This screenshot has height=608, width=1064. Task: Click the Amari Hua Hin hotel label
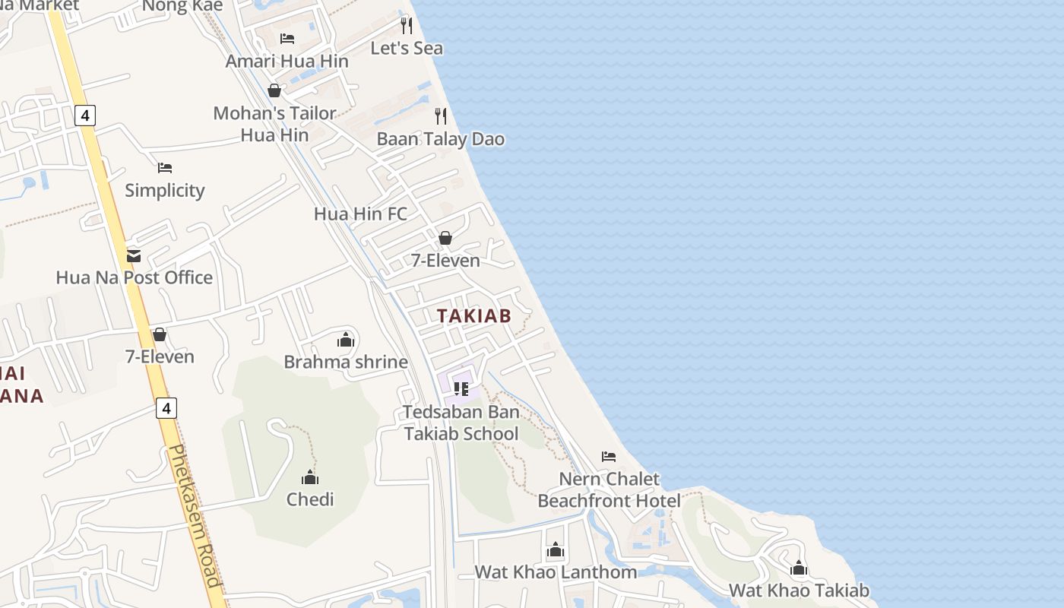pyautogui.click(x=287, y=62)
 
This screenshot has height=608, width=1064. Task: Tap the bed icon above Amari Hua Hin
pyautogui.click(x=287, y=38)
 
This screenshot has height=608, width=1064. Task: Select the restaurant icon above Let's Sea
pyautogui.click(x=407, y=26)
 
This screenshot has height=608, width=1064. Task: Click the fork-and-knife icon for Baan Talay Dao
pyautogui.click(x=441, y=116)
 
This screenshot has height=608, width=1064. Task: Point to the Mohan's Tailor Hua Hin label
pyautogui.click(x=274, y=124)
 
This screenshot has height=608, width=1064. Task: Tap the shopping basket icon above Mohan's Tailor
pyautogui.click(x=274, y=91)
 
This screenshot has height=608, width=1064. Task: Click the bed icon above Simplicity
pyautogui.click(x=165, y=168)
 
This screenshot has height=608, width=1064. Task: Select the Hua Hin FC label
pyautogui.click(x=360, y=214)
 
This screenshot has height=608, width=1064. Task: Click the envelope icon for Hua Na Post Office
pyautogui.click(x=134, y=255)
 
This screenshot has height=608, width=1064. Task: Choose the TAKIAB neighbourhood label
pyautogui.click(x=474, y=316)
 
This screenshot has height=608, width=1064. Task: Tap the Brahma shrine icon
pyautogui.click(x=346, y=340)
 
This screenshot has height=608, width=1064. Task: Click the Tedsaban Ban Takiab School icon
pyautogui.click(x=461, y=389)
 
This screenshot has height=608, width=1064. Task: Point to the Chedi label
pyautogui.click(x=310, y=499)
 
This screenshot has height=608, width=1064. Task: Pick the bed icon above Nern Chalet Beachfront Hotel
pyautogui.click(x=609, y=457)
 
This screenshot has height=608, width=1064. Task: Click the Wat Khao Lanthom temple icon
pyautogui.click(x=556, y=550)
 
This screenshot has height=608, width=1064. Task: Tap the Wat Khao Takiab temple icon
pyautogui.click(x=799, y=568)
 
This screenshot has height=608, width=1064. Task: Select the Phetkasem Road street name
pyautogui.click(x=194, y=517)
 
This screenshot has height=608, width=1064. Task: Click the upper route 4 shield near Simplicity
pyautogui.click(x=85, y=116)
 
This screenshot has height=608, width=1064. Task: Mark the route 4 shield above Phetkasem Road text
pyautogui.click(x=166, y=408)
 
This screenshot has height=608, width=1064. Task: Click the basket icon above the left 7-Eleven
pyautogui.click(x=160, y=334)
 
